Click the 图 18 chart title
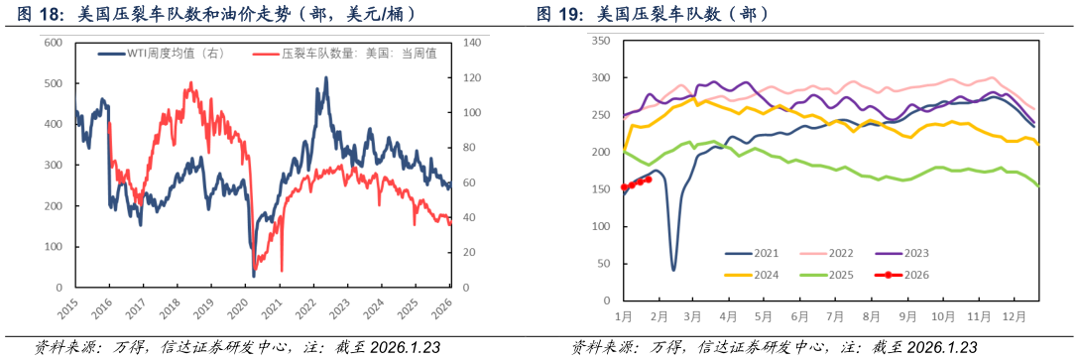212,14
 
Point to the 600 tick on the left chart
54,43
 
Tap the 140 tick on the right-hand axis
471,43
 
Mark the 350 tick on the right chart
599,41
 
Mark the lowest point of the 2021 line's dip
673,269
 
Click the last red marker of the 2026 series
649,180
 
